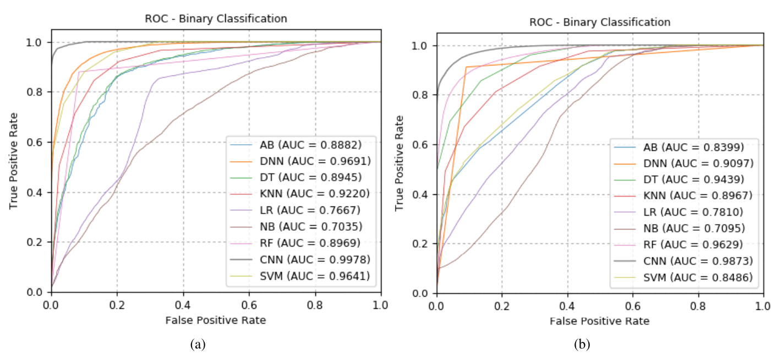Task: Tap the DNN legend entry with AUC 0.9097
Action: tap(697, 163)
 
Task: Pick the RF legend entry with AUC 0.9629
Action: tap(697, 243)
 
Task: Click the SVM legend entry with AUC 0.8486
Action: tap(697, 276)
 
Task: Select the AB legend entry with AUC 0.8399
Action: tap(697, 148)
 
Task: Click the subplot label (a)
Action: tap(198, 345)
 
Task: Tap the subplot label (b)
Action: tap(582, 345)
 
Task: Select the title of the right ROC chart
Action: tap(600, 23)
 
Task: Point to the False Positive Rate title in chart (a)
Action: tap(216, 320)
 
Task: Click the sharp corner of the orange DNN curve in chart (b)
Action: tap(466, 67)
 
